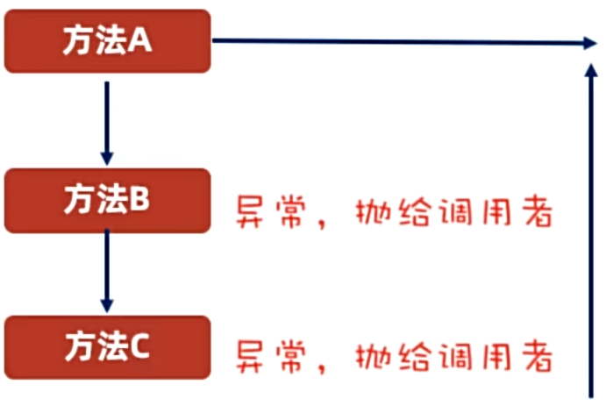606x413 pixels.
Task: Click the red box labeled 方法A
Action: pos(107,41)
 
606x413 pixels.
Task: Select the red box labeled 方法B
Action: pos(107,200)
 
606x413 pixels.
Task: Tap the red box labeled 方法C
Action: pos(107,347)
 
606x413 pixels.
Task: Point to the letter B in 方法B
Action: pos(142,201)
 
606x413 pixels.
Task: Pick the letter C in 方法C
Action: pos(142,348)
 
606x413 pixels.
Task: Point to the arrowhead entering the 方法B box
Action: pos(106,158)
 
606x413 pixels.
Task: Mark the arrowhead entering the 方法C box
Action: pos(106,305)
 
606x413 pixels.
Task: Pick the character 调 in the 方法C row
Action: pos(453,357)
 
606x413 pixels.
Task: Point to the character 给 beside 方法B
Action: pos(412,212)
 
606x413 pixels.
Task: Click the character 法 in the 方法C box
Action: pos(111,348)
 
